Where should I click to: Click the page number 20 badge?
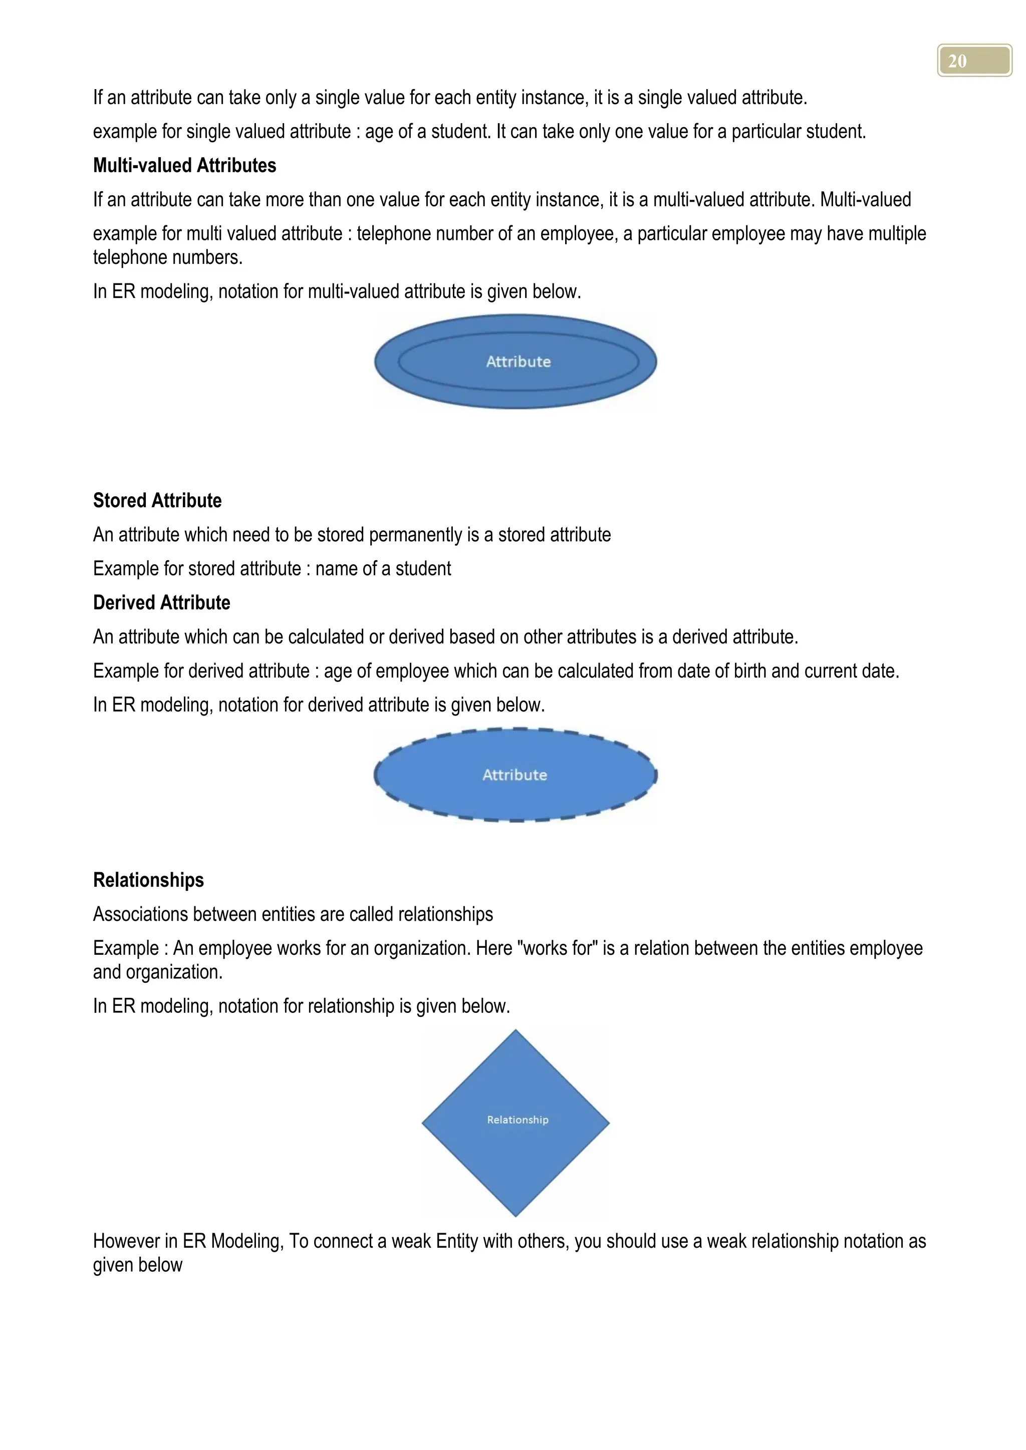coord(973,61)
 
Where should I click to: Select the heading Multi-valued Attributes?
coord(184,165)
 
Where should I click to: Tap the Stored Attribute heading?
coord(157,501)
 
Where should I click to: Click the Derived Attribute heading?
coord(161,602)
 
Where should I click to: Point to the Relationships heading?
coord(148,880)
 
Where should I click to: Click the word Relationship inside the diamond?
coord(518,1120)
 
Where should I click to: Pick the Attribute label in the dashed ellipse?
coord(515,775)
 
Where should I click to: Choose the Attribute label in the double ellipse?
coord(518,362)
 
